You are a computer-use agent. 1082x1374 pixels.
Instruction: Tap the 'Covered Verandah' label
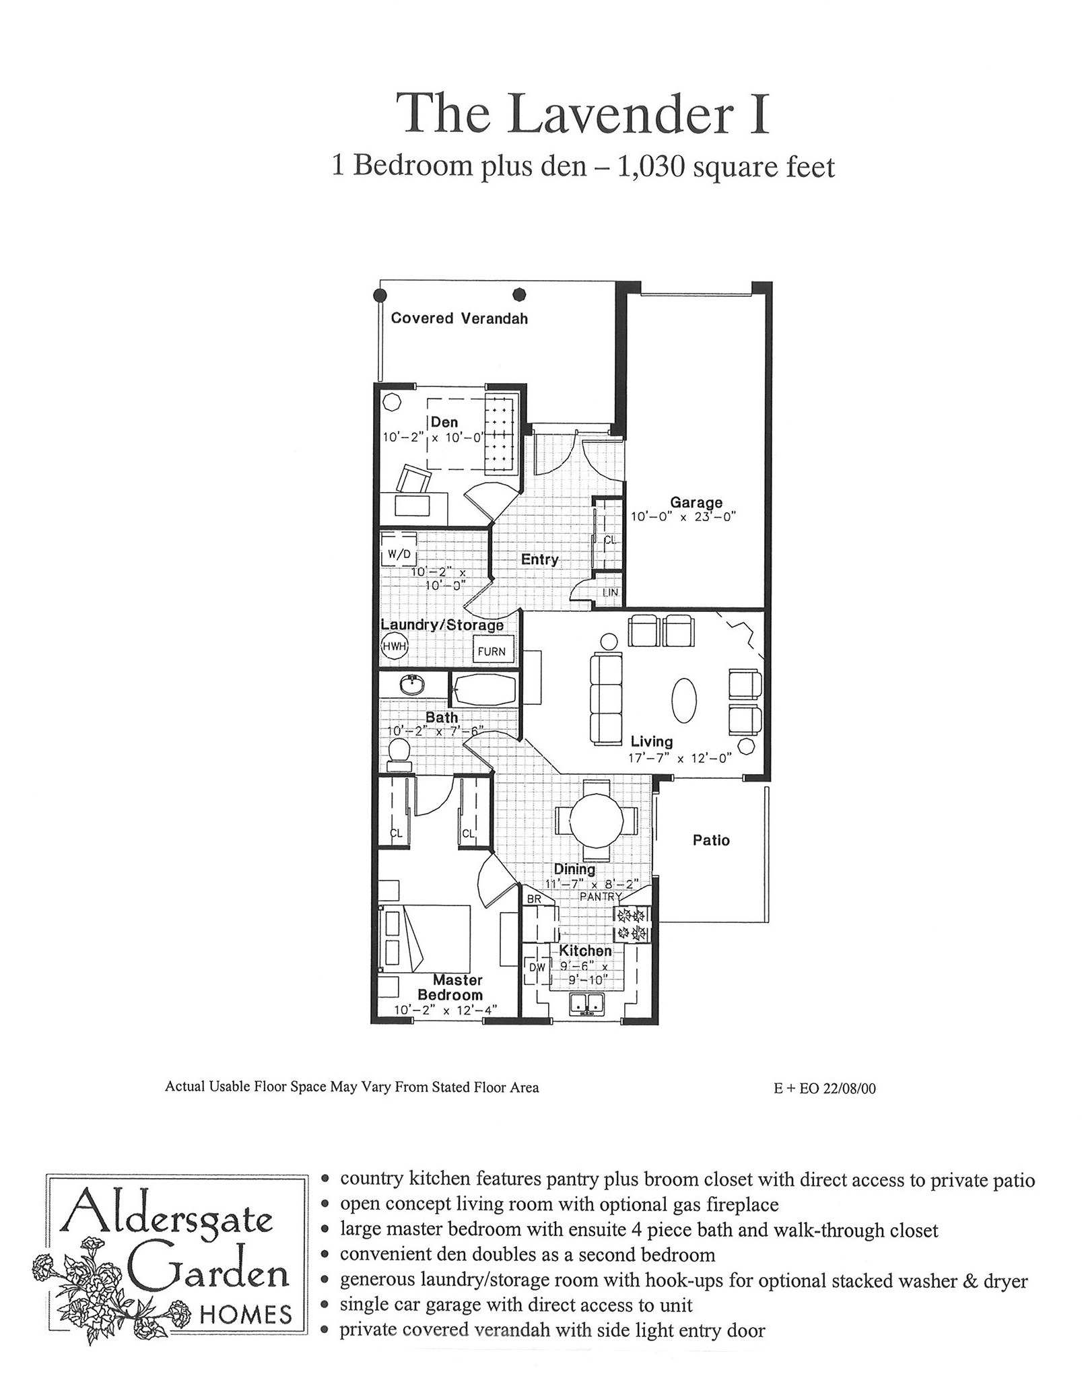[459, 318]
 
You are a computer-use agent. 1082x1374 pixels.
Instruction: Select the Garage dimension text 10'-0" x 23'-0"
[683, 517]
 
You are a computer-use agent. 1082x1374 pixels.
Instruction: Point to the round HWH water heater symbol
[395, 647]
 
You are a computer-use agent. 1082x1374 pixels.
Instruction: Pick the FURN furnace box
[492, 650]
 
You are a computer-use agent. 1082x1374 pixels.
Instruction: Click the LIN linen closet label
[610, 592]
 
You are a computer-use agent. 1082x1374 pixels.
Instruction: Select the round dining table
[597, 820]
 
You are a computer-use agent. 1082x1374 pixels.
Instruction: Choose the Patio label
[711, 839]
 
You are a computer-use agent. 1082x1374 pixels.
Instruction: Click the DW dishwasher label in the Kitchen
[537, 967]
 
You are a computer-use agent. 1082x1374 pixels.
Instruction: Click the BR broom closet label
[535, 899]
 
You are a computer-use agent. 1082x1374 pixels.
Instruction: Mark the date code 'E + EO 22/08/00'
[825, 1088]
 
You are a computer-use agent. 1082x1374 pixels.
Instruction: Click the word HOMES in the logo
[246, 1315]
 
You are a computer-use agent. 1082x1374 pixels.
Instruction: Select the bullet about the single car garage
[510, 1305]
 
